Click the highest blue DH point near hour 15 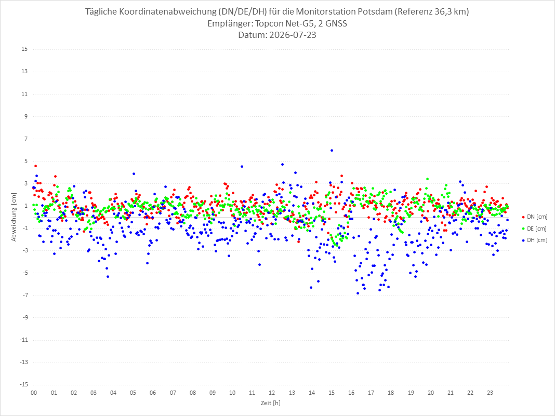click(332, 150)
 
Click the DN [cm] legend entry click(534, 217)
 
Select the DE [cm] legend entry click(534, 229)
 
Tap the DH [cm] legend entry click(534, 240)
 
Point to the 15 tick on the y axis click(24, 49)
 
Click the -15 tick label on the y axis click(23, 384)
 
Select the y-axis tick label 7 click(26, 139)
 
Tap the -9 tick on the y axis click(24, 317)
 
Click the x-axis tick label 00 click(34, 393)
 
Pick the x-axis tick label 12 click(272, 393)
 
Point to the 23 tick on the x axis click(490, 393)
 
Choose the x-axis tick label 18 click(391, 393)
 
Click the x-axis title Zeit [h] click(270, 403)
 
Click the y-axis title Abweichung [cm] click(14, 217)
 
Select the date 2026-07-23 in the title click(293, 35)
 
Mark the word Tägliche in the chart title click(100, 11)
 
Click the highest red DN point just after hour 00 click(35, 166)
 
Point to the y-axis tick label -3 click(24, 250)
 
